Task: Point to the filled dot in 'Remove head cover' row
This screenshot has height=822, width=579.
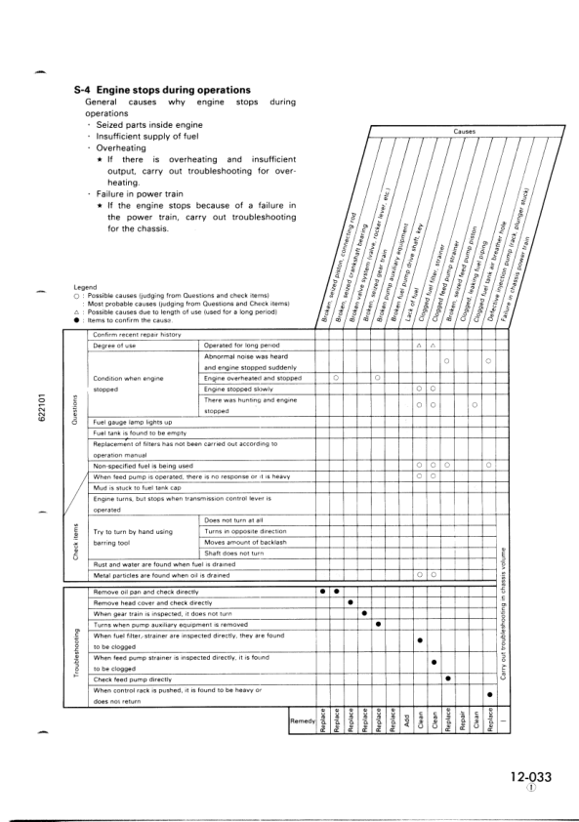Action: point(351,602)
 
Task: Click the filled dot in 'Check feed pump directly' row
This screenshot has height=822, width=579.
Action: point(447,678)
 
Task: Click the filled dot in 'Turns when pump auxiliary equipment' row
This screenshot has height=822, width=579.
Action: point(378,624)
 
